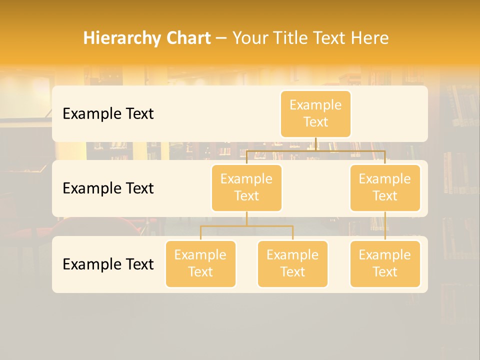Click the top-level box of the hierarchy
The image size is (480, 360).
[x=315, y=113]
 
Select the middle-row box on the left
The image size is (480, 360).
[x=246, y=187]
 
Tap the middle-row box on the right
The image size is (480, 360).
[x=385, y=187]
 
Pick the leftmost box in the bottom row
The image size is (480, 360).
[x=200, y=263]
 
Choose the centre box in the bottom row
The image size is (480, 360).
[x=292, y=263]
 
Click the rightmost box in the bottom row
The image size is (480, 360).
[x=385, y=263]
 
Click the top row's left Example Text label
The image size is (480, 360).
[x=108, y=113]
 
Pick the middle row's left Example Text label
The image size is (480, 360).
[x=108, y=188]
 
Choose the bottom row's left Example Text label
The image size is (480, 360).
[x=108, y=263]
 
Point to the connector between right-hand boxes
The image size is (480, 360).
[x=385, y=226]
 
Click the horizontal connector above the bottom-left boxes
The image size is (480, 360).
[x=246, y=226]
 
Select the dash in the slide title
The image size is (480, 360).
[x=221, y=38]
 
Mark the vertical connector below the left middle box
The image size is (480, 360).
[x=246, y=218]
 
